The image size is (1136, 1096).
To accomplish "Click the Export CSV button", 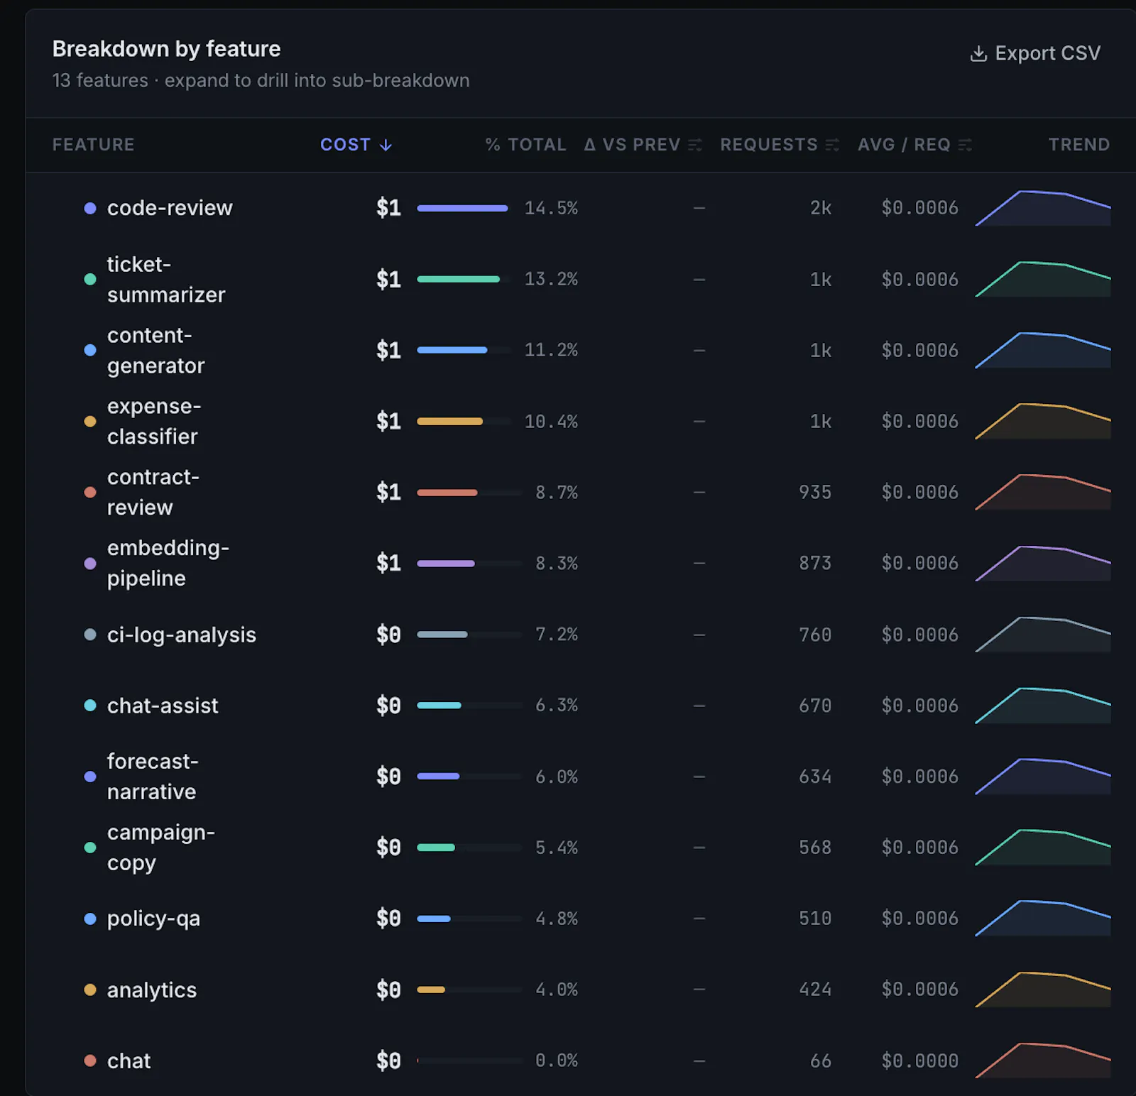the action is pyautogui.click(x=1035, y=53).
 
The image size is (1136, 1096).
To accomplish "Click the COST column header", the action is pyautogui.click(x=356, y=145).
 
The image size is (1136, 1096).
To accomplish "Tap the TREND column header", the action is pyautogui.click(x=1079, y=145).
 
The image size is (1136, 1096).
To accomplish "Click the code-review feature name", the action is pyautogui.click(x=170, y=208).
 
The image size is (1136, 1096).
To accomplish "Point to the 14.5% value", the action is pyautogui.click(x=551, y=208).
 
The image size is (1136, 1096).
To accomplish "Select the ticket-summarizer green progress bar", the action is pyautogui.click(x=459, y=279).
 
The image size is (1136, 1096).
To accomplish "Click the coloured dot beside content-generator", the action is pyautogui.click(x=90, y=350).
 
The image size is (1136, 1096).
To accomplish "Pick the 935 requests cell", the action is pyautogui.click(x=815, y=492).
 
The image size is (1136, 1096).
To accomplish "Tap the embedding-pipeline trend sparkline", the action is pyautogui.click(x=1043, y=564).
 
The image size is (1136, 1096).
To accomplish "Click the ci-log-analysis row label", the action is pyautogui.click(x=182, y=635).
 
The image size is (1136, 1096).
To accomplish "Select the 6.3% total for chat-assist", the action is pyautogui.click(x=557, y=706).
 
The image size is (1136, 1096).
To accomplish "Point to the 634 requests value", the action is pyautogui.click(x=815, y=777).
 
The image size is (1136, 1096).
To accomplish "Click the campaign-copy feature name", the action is pyautogui.click(x=161, y=848).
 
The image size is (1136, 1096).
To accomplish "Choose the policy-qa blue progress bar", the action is pyautogui.click(x=434, y=919).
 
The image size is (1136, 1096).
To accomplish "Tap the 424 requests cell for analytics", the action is pyautogui.click(x=815, y=990).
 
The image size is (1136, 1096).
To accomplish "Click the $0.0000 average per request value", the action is pyautogui.click(x=920, y=1061).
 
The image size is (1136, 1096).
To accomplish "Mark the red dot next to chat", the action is pyautogui.click(x=90, y=1061).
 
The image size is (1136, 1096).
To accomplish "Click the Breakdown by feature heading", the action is pyautogui.click(x=167, y=49).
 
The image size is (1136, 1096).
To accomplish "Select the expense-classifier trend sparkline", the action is pyautogui.click(x=1043, y=422).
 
